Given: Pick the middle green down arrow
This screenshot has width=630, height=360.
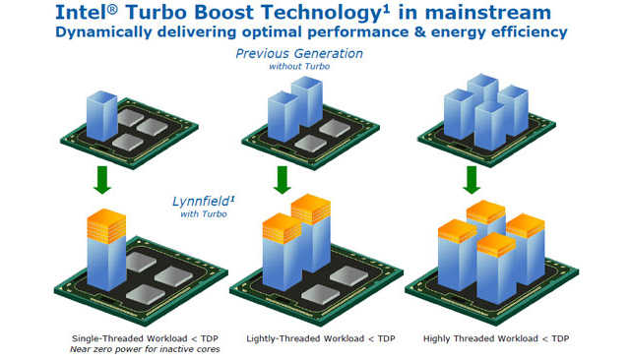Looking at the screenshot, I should [283, 178].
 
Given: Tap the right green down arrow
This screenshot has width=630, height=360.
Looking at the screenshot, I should [472, 178].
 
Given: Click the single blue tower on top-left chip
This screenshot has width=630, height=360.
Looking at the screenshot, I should [102, 115].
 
